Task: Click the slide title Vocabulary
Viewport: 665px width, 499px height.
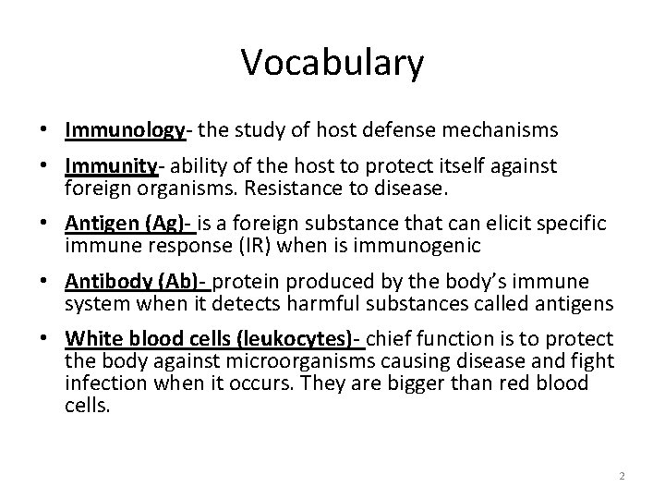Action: [x=332, y=64]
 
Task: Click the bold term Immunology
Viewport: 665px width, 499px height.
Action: [x=126, y=130]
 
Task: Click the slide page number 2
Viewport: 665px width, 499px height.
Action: [x=622, y=476]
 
